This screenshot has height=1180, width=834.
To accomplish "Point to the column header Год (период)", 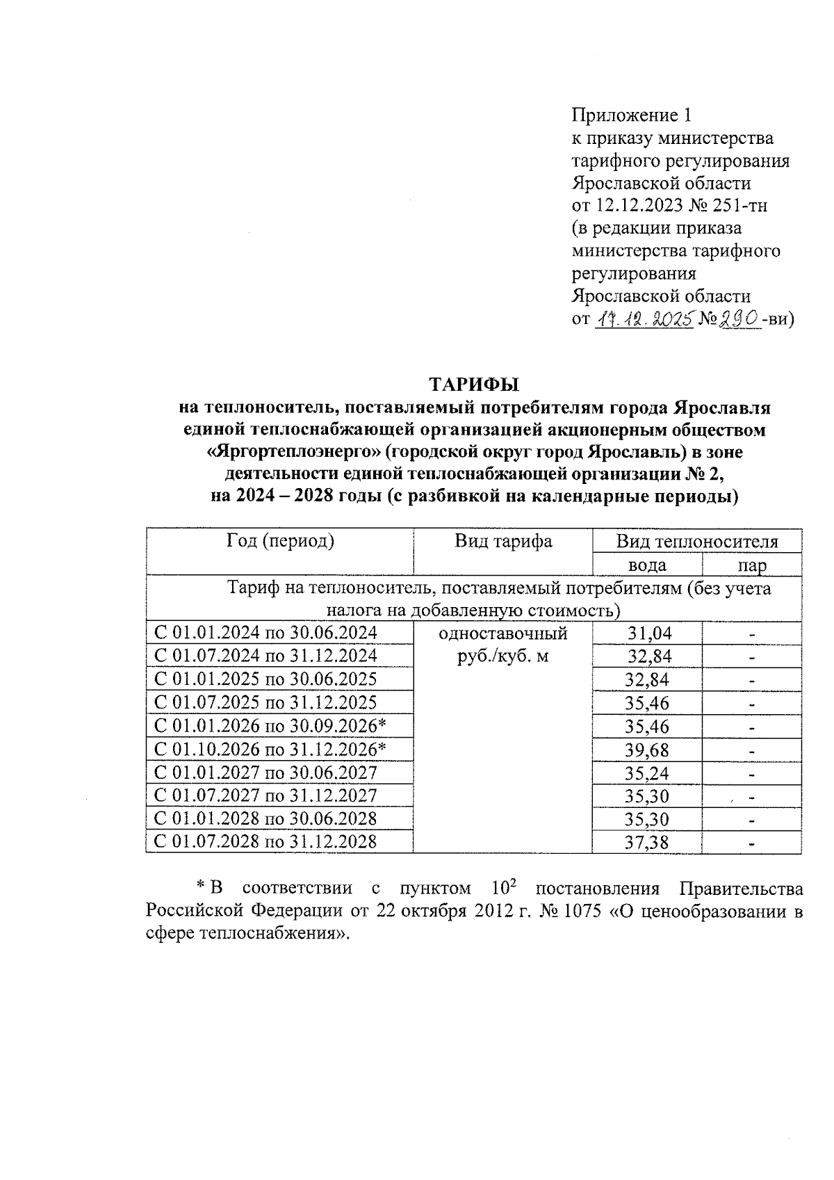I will [x=280, y=541].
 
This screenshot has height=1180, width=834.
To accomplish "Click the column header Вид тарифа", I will [x=503, y=541].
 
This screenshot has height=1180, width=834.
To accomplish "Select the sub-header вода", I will [x=647, y=565].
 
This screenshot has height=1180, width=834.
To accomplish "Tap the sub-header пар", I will [x=752, y=565].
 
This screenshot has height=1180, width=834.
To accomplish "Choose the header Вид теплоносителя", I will [x=697, y=542].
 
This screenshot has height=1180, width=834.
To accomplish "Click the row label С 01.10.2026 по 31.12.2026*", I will [x=270, y=749].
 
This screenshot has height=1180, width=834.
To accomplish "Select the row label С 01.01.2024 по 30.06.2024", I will [x=265, y=633].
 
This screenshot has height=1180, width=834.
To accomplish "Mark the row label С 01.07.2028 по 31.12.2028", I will [x=265, y=842].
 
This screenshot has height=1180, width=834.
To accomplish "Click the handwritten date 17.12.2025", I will [x=644, y=319].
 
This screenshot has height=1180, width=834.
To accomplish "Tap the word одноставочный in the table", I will [x=503, y=633].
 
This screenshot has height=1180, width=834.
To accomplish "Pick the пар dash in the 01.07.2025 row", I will [x=752, y=704].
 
